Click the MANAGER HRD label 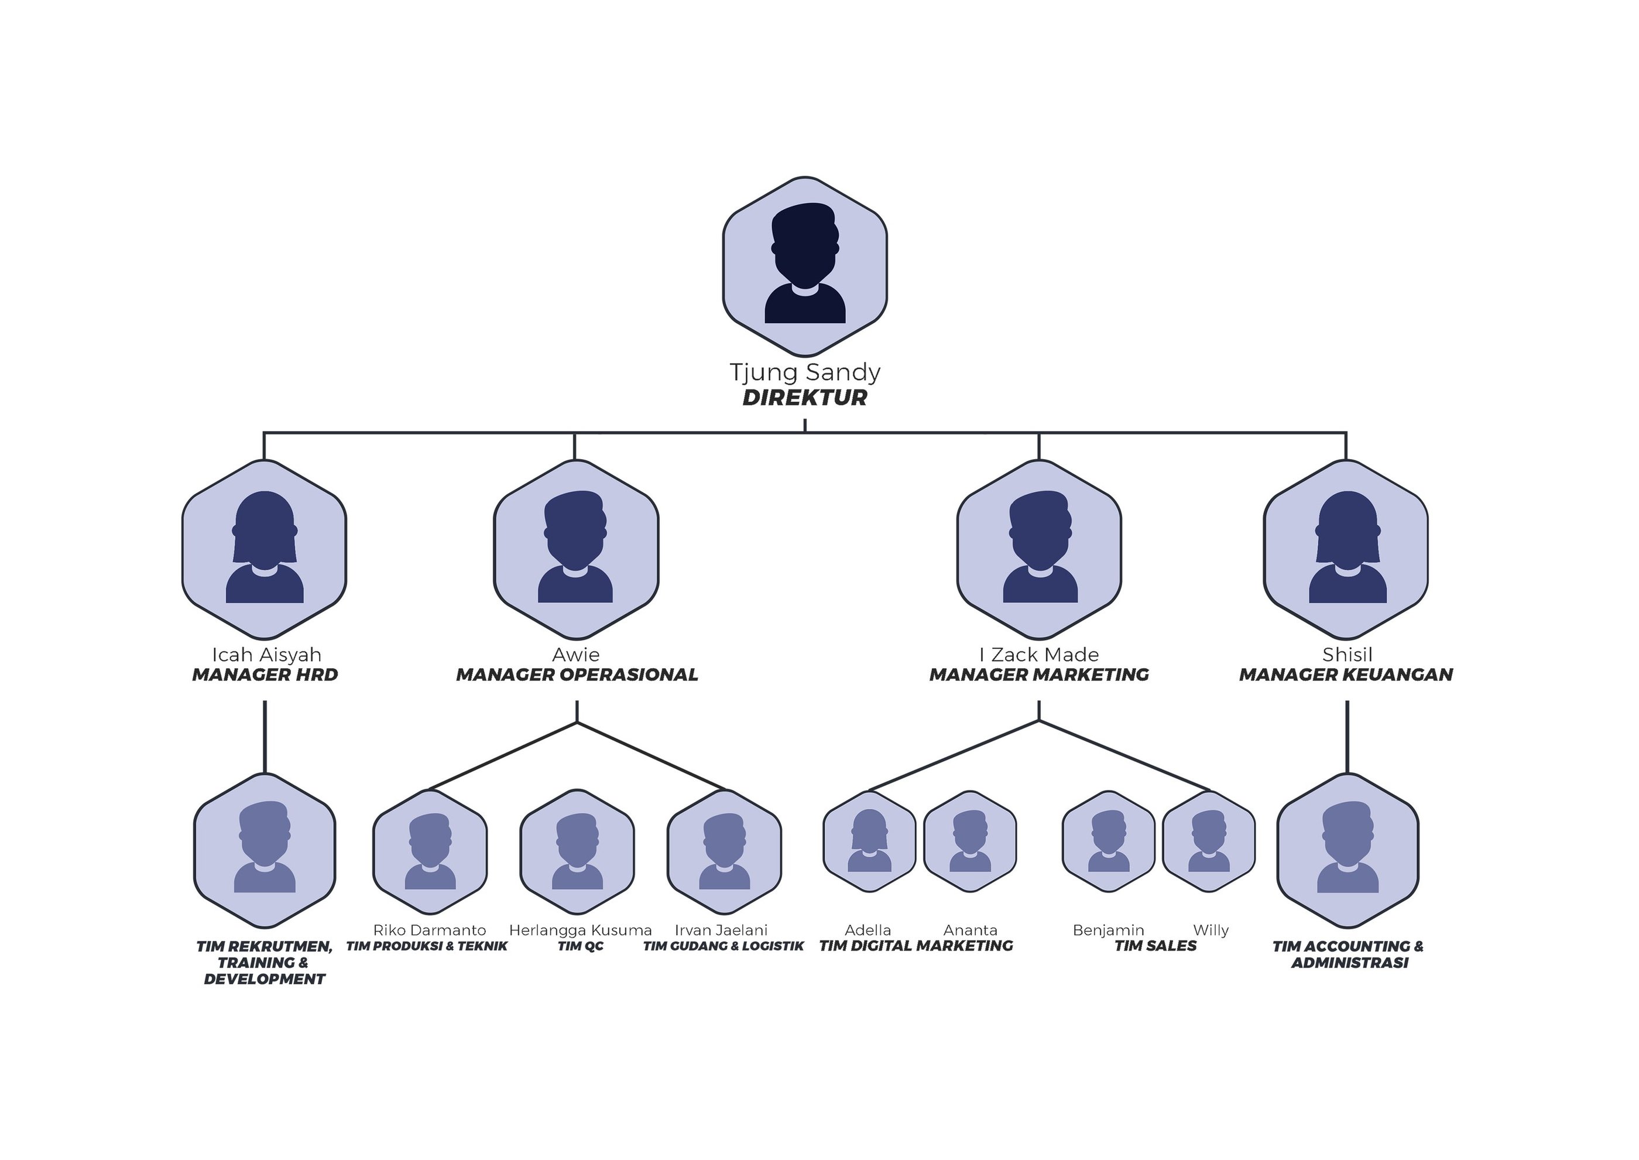(265, 675)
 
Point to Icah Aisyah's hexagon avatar (264, 549)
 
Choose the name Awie (575, 654)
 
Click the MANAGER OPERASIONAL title (577, 675)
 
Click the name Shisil (1346, 654)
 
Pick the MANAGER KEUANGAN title (1346, 675)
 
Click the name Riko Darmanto (429, 930)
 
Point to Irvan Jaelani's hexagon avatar (724, 851)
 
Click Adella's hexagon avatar (869, 841)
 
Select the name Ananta (970, 930)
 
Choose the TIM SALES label (1155, 946)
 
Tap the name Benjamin (1108, 930)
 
